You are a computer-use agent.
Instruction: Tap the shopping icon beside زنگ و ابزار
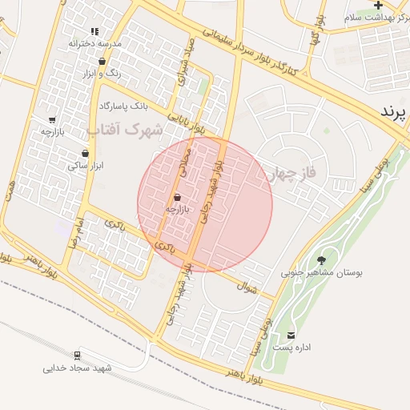(103, 59)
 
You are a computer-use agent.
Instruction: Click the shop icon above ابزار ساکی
(85, 153)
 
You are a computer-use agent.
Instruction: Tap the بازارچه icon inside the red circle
(177, 197)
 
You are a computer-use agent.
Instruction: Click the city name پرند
(395, 112)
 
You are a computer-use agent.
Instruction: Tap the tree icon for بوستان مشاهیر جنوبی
(322, 259)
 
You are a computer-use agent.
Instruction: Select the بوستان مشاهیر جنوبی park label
(321, 272)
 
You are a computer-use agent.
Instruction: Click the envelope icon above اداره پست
(290, 335)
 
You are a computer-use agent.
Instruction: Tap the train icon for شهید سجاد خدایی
(78, 355)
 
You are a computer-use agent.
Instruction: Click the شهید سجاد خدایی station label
(78, 368)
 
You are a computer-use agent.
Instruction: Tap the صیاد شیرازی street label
(186, 60)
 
